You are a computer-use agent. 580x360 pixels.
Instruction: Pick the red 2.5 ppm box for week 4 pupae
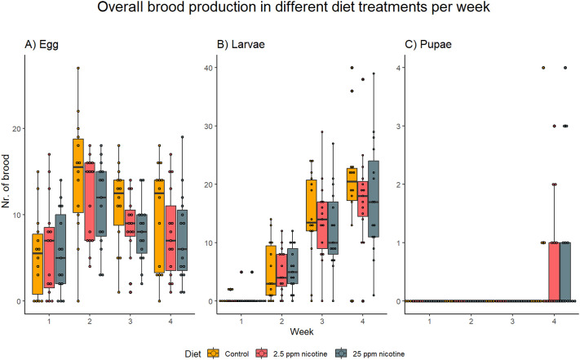[x=552, y=271]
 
